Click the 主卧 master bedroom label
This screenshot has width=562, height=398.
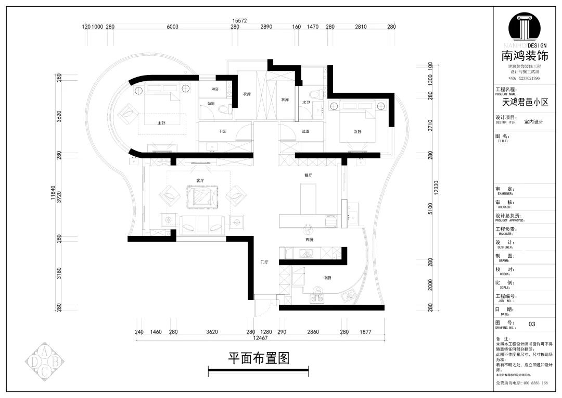pyautogui.click(x=161, y=123)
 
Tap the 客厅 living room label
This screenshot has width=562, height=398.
pyautogui.click(x=200, y=180)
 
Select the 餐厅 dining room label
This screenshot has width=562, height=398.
pyautogui.click(x=309, y=176)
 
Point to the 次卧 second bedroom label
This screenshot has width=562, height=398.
pyautogui.click(x=357, y=132)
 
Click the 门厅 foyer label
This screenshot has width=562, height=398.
pyautogui.click(x=264, y=263)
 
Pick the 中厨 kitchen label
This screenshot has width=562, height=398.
pyautogui.click(x=327, y=278)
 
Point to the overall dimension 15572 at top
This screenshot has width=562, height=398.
pyautogui.click(x=239, y=21)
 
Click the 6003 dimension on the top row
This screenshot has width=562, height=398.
pyautogui.click(x=172, y=27)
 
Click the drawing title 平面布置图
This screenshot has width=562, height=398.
pyautogui.click(x=258, y=358)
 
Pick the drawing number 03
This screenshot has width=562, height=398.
pyautogui.click(x=532, y=324)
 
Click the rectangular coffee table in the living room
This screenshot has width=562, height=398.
pyautogui.click(x=201, y=198)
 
